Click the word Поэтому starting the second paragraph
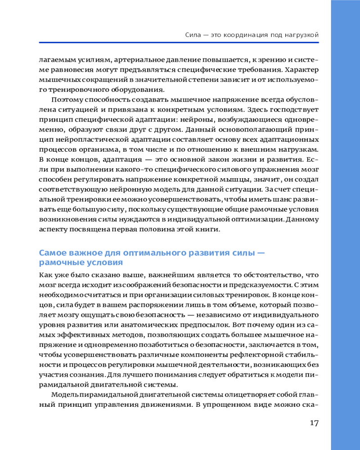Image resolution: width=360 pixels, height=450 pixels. pos(67,99)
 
